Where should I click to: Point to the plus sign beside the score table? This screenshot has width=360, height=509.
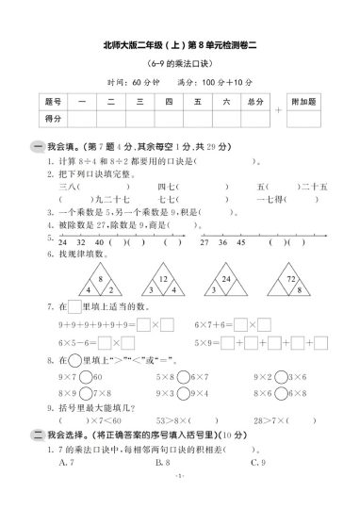pos(278,109)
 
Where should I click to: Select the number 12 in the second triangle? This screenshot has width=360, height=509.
pos(163,280)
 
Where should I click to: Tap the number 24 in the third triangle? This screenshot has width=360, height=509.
pos(226,279)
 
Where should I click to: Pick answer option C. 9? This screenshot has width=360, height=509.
pos(255,436)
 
